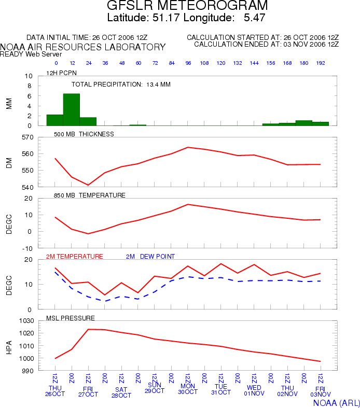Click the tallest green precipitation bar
pos(71,109)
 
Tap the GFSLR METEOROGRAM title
pos(187,5)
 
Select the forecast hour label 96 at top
pos(188,63)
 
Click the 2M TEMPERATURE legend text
pos(75,257)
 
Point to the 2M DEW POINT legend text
pos(150,257)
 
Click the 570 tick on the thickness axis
pos(27,137)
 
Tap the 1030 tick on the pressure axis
pos(26,321)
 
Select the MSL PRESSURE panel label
pos(70,318)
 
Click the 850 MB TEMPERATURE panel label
pos(90,195)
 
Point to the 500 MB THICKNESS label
pos(84,134)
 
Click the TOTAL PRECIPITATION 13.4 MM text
pos(121,85)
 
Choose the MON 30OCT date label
pos(188,389)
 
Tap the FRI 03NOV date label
pos(321,391)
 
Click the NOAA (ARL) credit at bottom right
pos(336,403)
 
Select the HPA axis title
pos(9,347)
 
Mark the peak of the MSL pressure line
pos(88,329)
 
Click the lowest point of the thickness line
pos(88,185)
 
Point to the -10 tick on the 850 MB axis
pos(27,248)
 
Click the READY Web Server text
pos(31,54)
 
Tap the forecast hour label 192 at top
pos(321,63)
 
